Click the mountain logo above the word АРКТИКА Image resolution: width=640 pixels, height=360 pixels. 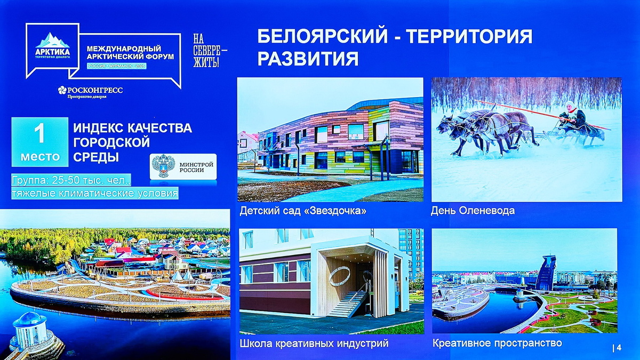(x=52, y=40)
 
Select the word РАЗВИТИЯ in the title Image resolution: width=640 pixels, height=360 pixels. (x=308, y=58)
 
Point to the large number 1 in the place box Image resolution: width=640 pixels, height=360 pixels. (x=39, y=134)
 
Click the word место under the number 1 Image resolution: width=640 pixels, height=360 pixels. (x=40, y=157)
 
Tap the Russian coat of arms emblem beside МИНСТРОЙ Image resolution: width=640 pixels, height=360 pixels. (x=163, y=166)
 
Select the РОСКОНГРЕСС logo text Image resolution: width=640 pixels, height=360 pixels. (x=91, y=90)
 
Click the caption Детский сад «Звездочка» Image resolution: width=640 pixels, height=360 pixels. (x=303, y=211)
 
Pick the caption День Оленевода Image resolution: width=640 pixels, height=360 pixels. (x=473, y=211)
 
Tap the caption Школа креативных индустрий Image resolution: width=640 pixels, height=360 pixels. (x=314, y=343)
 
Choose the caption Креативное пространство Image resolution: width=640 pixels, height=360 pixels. (x=497, y=342)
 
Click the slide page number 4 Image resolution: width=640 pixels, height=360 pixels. (x=619, y=348)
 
